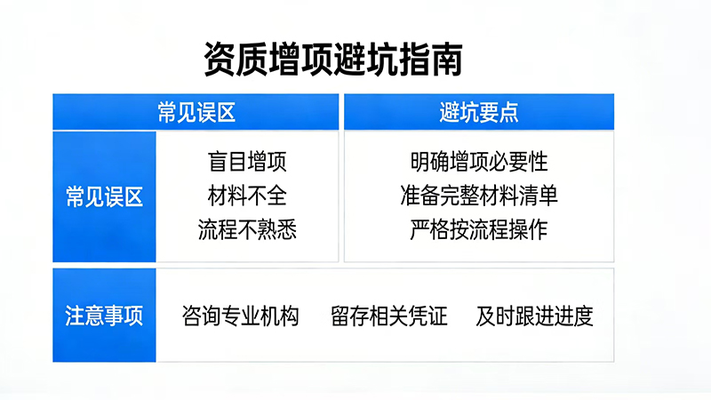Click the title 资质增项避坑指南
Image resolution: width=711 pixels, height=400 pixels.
point(333,60)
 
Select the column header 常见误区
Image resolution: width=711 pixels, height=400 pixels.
point(196,112)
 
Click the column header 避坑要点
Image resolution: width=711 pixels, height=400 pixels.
point(479,112)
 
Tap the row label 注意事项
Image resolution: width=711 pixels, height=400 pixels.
point(104,316)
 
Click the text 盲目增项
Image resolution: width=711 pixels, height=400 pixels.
point(247,163)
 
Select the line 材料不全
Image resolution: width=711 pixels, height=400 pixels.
point(247,196)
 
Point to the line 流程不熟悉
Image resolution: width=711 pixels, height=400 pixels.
point(247,229)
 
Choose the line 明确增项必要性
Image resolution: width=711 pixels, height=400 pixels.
point(479,163)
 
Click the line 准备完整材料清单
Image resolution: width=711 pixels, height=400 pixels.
point(479,196)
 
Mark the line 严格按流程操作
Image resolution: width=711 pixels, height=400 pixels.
point(479,229)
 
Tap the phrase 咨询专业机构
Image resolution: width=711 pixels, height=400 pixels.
point(240,316)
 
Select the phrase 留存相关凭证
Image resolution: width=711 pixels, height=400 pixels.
point(388,316)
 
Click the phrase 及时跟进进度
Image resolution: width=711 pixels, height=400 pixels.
point(534,316)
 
